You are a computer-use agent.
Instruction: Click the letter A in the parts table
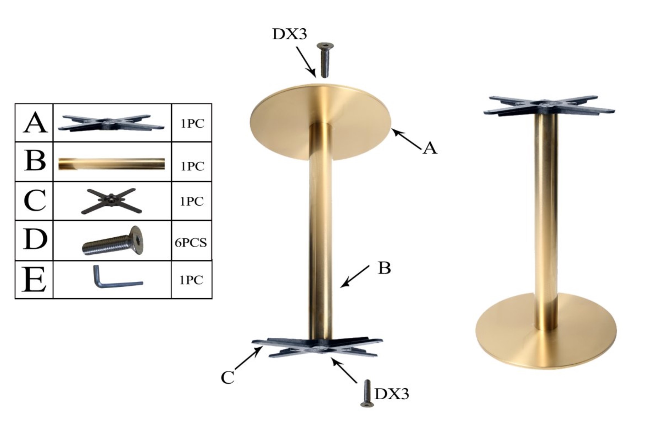pos(35,123)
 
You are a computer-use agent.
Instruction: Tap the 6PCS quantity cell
pos(191,243)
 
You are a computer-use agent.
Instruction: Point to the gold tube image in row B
pos(111,164)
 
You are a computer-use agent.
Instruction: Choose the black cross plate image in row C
pos(111,201)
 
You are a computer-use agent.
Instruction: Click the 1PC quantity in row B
pos(192,167)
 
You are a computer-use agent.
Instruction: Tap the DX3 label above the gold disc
pos(290,34)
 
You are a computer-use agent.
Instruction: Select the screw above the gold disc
pos(325,60)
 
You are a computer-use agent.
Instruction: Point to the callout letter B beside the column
pos(384,268)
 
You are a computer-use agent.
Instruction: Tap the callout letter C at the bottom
pos(227,378)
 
